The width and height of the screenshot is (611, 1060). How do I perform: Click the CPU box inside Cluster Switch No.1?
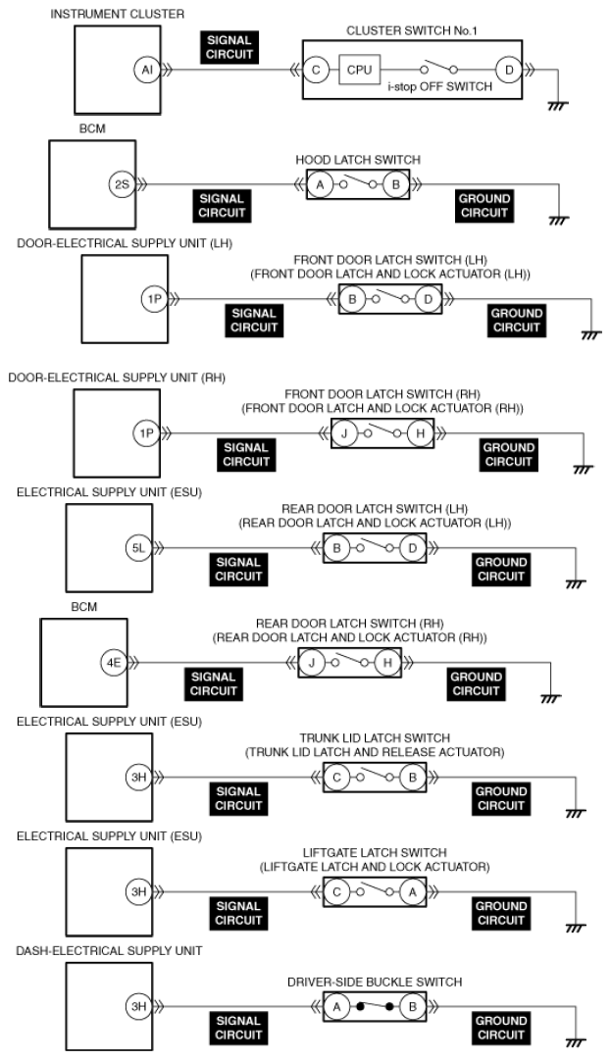pyautogui.click(x=354, y=71)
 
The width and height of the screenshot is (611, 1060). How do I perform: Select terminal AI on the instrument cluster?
pyautogui.click(x=145, y=71)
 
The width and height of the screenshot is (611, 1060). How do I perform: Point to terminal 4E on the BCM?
pyautogui.click(x=114, y=663)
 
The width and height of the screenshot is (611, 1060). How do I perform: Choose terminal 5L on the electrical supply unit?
pyautogui.click(x=138, y=548)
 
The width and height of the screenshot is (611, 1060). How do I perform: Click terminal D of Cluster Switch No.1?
pyautogui.click(x=508, y=71)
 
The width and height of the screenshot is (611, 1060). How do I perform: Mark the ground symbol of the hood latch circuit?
pyautogui.click(x=559, y=221)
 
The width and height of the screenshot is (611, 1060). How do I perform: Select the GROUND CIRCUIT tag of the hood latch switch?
pyautogui.click(x=484, y=206)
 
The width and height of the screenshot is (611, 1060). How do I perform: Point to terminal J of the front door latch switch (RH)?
pyautogui.click(x=345, y=433)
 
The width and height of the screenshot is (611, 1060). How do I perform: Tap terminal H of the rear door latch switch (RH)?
pyautogui.click(x=387, y=663)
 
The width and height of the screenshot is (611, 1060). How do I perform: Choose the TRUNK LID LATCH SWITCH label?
pyautogui.click(x=375, y=737)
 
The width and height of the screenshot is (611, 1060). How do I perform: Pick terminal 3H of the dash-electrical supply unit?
pyautogui.click(x=138, y=1006)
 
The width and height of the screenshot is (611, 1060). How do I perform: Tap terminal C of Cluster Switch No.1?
pyautogui.click(x=316, y=71)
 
